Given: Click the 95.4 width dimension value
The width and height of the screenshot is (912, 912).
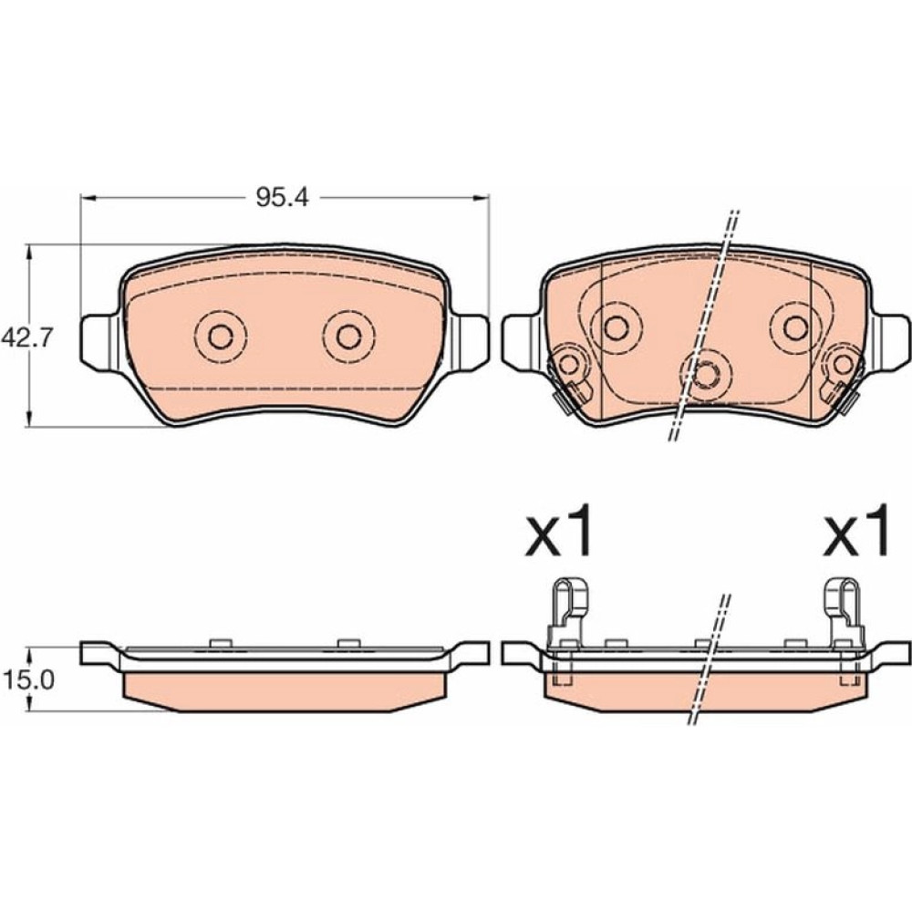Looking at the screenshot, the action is (282, 198).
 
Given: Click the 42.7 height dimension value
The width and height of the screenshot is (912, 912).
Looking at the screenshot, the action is (27, 337).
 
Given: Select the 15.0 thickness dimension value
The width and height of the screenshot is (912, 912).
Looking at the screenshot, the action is (28, 679).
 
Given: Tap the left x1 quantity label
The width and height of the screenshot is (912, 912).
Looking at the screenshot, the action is (559, 531).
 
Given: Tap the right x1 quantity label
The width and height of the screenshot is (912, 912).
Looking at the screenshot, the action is (856, 531).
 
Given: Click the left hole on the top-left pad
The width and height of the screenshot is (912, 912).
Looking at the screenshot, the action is (221, 337).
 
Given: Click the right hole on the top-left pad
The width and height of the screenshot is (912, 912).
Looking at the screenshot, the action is (349, 337).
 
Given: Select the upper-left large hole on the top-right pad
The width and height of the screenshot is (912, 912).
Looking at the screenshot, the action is (616, 327).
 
